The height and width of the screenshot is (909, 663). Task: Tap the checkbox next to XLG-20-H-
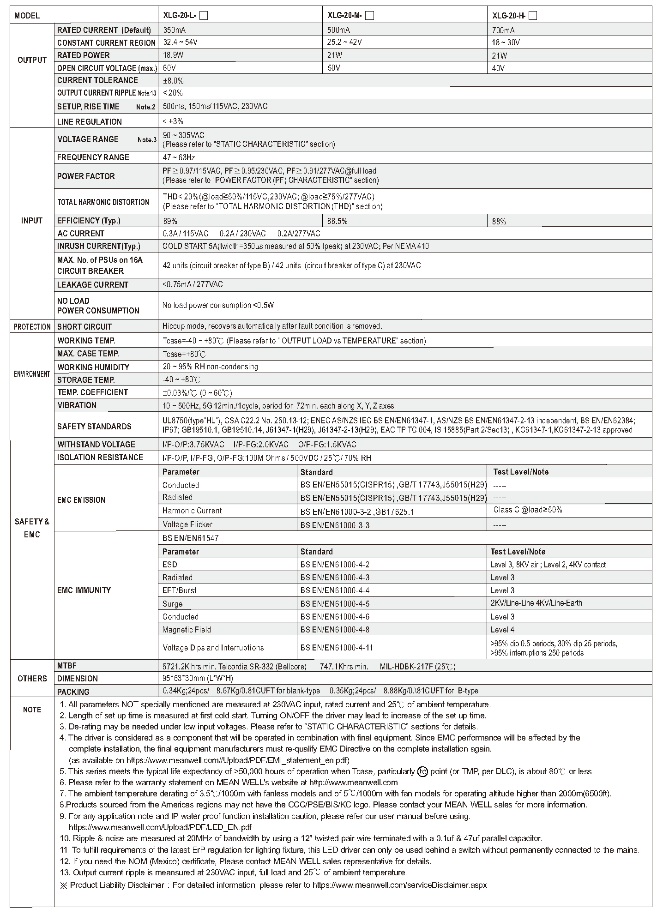coord(533,16)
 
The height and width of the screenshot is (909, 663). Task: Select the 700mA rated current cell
coord(503,30)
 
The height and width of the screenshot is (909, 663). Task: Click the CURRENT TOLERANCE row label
coord(97,80)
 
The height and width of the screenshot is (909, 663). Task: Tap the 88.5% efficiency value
coord(338,221)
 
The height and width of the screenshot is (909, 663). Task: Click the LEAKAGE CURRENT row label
coord(92,285)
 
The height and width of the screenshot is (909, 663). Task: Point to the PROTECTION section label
coord(32,327)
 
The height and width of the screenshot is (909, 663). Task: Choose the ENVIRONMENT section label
coord(32,374)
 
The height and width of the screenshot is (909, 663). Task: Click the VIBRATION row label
coord(77,405)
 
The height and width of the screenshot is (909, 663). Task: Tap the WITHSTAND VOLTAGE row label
coord(96,445)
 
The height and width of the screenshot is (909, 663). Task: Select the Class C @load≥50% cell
coord(528,510)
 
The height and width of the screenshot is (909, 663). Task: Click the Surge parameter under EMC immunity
coord(173,604)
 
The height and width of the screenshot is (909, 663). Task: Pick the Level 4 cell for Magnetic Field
coord(502,630)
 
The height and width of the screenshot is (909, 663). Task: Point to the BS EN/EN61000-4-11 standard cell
coord(337,647)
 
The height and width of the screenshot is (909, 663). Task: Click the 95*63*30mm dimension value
coord(198,678)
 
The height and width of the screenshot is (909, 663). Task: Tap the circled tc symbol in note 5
coord(422,771)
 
